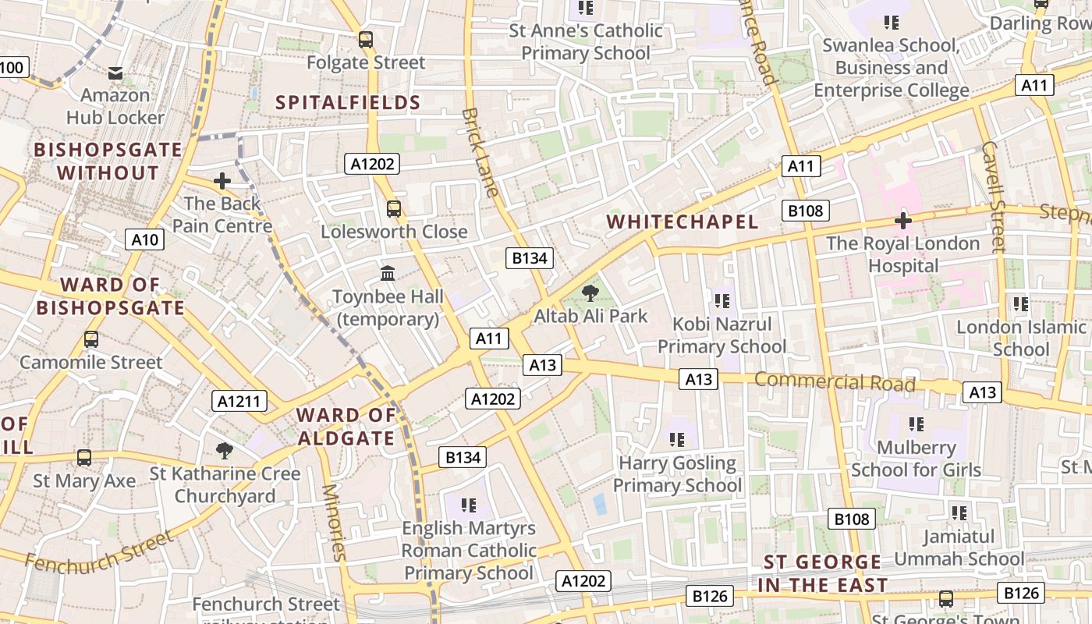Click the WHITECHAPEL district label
coord(682,222)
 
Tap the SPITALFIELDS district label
coord(348,103)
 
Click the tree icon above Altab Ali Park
coord(590,293)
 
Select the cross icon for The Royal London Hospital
coord(903,221)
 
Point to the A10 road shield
coord(145,239)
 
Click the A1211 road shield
coord(239,402)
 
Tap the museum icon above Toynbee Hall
coord(388,274)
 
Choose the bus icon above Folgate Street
coord(366,40)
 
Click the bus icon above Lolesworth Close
coord(394,209)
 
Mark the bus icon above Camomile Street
coord(91,340)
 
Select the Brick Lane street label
coord(480,152)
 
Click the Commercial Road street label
coord(835,382)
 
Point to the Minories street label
coord(333,523)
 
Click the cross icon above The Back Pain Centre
coord(222,182)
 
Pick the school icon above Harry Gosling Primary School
coord(676,440)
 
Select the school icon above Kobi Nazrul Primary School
coord(721,300)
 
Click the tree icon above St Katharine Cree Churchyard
coord(225,450)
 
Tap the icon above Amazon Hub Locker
coord(115,73)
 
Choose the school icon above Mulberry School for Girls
coord(916,424)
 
